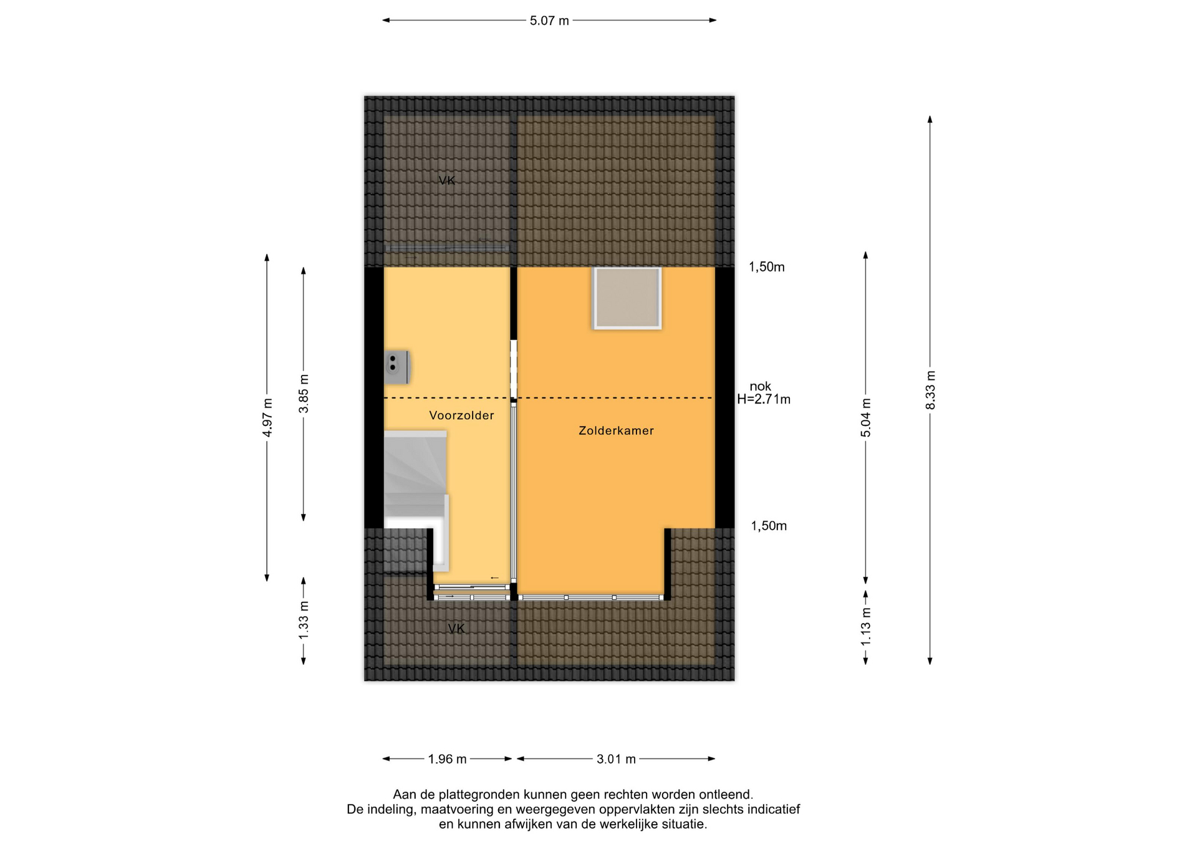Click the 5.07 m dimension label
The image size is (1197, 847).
tap(549, 21)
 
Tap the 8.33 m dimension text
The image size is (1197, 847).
tap(930, 390)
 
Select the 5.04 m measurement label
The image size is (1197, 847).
tap(866, 417)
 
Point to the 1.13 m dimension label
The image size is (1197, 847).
tap(866, 626)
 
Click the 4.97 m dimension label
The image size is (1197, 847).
tap(267, 417)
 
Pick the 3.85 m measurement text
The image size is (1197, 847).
tap(304, 394)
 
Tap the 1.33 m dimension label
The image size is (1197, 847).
tap(304, 620)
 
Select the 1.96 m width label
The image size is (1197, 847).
tap(447, 759)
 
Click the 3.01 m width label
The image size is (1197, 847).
tap(616, 759)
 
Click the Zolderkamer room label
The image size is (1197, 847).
tap(616, 430)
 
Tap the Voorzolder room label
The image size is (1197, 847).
tap(461, 415)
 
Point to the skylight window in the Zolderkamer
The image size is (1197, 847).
tap(627, 298)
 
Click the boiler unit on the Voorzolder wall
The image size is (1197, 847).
tap(397, 367)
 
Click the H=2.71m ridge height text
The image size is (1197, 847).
tap(764, 400)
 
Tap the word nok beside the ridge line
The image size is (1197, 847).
tap(760, 387)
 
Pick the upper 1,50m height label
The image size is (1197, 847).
tap(767, 267)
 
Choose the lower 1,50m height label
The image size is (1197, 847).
tap(769, 526)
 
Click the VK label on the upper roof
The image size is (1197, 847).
tap(447, 180)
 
